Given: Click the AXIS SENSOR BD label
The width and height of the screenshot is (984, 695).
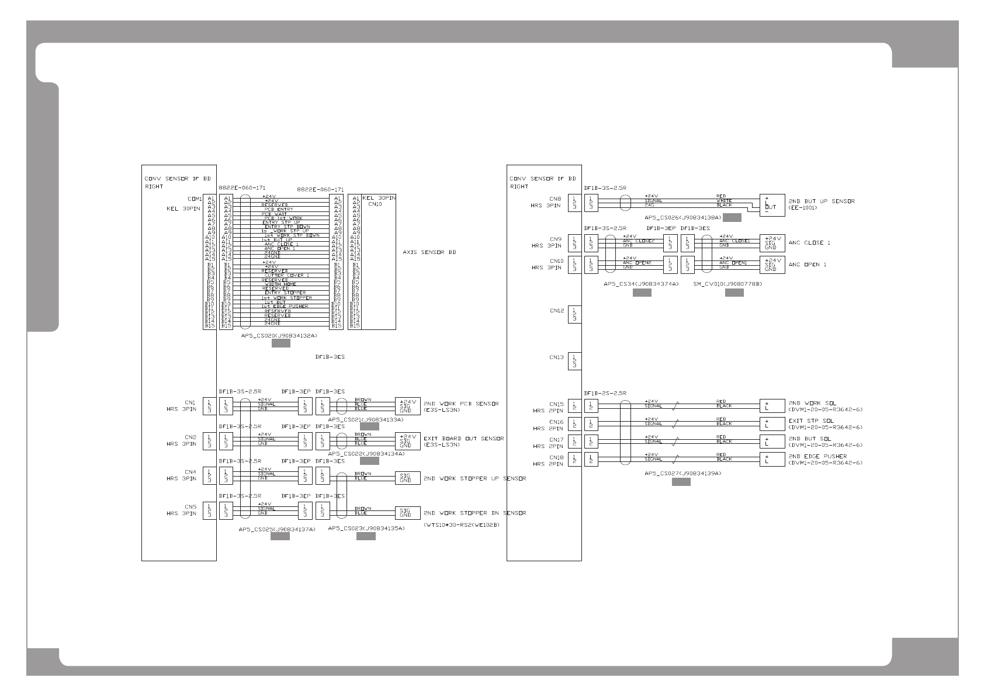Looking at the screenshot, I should click(x=429, y=252).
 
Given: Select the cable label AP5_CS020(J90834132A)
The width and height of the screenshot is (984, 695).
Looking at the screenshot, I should click(x=279, y=336).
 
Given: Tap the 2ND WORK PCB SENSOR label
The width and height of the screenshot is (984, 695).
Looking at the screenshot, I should click(x=461, y=404).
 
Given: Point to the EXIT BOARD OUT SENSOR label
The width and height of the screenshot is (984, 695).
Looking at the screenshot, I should click(x=463, y=438).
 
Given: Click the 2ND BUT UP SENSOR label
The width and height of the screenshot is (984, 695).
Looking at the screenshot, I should click(x=821, y=201).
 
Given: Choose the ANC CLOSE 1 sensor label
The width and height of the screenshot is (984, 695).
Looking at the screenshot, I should click(x=809, y=242).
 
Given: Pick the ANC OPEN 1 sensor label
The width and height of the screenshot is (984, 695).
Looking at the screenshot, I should click(x=808, y=265).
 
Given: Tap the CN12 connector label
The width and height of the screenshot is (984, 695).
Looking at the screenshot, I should click(x=556, y=311).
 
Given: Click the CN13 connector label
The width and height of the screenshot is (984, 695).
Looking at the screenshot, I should click(x=556, y=357).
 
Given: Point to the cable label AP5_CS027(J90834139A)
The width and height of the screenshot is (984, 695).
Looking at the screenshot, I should click(x=682, y=473).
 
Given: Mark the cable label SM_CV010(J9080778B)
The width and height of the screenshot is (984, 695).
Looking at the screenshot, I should click(x=727, y=284).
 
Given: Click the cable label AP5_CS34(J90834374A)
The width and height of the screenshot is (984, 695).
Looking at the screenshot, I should click(x=641, y=284).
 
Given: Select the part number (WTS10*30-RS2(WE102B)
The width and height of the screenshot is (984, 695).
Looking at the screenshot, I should click(x=462, y=525).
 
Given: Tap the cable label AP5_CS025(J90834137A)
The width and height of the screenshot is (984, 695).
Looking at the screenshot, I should click(x=277, y=529).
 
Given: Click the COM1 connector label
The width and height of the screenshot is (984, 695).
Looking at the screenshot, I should click(x=195, y=199).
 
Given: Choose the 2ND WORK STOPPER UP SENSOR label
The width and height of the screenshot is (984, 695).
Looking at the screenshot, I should click(x=474, y=478).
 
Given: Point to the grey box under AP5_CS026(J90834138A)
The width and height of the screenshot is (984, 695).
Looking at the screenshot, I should click(x=732, y=218).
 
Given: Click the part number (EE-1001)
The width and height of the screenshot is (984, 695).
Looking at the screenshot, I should click(x=803, y=208).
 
